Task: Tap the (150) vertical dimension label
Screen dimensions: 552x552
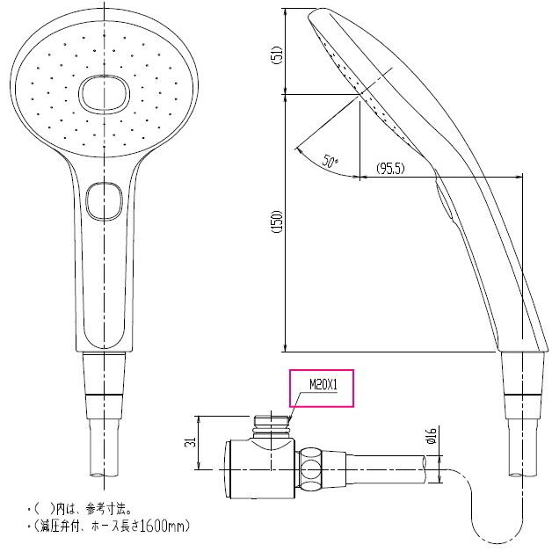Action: pos(274,222)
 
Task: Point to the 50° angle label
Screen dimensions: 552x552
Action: pos(330,161)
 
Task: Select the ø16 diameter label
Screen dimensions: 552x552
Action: pos(431,435)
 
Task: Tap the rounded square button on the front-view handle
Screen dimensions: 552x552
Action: pos(105,200)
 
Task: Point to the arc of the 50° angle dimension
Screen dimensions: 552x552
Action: pos(312,163)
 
